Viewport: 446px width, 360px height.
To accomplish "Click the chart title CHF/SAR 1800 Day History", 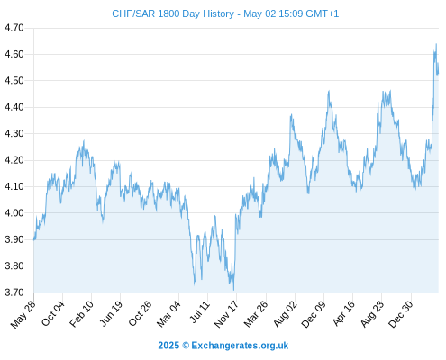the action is pos(173,13).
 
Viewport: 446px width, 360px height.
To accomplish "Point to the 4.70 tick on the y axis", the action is pos(14,28).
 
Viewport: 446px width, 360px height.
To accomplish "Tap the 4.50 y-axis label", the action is pos(14,81).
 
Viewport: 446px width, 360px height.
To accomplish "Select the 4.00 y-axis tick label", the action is pos(14,213).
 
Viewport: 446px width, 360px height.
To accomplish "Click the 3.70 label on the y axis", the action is pos(14,292).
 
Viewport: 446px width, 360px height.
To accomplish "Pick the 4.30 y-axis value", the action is pos(14,133).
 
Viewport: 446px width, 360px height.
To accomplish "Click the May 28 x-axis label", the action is pos(23,314).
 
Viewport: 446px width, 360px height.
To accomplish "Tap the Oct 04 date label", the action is pos(53,313).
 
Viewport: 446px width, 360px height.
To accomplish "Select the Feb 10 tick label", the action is pos(81,313).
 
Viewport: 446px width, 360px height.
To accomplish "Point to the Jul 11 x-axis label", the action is pos(199,312).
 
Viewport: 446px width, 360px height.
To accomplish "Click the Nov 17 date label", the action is pos(226,314).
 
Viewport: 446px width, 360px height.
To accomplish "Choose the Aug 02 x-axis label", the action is pos(285,314).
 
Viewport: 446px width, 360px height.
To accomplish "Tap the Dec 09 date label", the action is pos(314,314).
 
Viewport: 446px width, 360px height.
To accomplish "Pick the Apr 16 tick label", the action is pos(344,313).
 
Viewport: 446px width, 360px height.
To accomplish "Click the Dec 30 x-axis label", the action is pos(401,314).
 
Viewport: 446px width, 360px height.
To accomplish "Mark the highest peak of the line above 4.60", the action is pos(436,44).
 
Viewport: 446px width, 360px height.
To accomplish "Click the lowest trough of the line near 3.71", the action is pos(233,290).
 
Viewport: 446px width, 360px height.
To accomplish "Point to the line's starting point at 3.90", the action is pos(34,239).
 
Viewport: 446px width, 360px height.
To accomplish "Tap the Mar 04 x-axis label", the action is pos(168,314).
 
